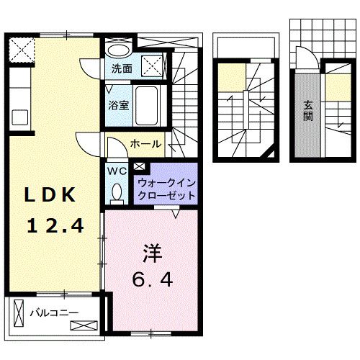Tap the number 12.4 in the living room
tap(55, 225)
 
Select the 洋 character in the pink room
tap(152, 254)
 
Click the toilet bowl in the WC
tap(117, 192)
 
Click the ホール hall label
tap(146, 145)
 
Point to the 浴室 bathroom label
tap(119, 104)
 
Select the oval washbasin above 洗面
tap(117, 50)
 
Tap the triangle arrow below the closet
tap(175, 213)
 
